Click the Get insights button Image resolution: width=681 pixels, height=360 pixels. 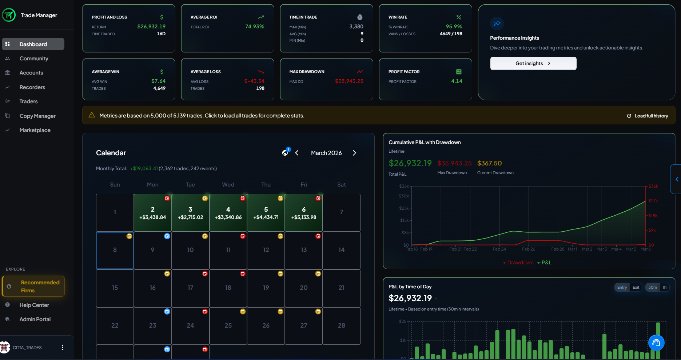tap(533, 63)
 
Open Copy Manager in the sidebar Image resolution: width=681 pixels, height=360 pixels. tap(37, 116)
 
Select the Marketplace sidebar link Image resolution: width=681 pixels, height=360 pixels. tap(35, 130)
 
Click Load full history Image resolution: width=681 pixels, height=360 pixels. tap(648, 116)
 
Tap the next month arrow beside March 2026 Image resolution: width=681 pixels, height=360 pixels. tap(354, 153)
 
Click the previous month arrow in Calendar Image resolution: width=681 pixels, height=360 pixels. tap(297, 153)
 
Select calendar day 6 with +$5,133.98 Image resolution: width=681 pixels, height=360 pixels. tap(304, 213)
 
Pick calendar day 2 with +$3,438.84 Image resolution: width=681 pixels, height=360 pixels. tap(152, 213)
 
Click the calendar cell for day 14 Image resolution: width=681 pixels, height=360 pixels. tap(341, 250)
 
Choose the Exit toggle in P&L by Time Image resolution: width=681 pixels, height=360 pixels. tap(636, 287)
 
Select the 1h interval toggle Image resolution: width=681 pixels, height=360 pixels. tap(664, 287)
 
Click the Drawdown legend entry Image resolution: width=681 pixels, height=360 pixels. tap(518, 263)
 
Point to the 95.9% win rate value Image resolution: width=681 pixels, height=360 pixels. tap(454, 27)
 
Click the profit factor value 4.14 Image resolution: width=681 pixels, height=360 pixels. tap(457, 81)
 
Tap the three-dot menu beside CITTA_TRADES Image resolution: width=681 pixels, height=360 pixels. tap(63, 347)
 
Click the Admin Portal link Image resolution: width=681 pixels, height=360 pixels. tap(35, 319)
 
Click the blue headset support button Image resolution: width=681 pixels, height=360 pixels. tap(656, 342)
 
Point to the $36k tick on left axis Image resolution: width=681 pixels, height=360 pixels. tap(404, 186)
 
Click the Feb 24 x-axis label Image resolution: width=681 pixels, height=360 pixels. tap(499, 249)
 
